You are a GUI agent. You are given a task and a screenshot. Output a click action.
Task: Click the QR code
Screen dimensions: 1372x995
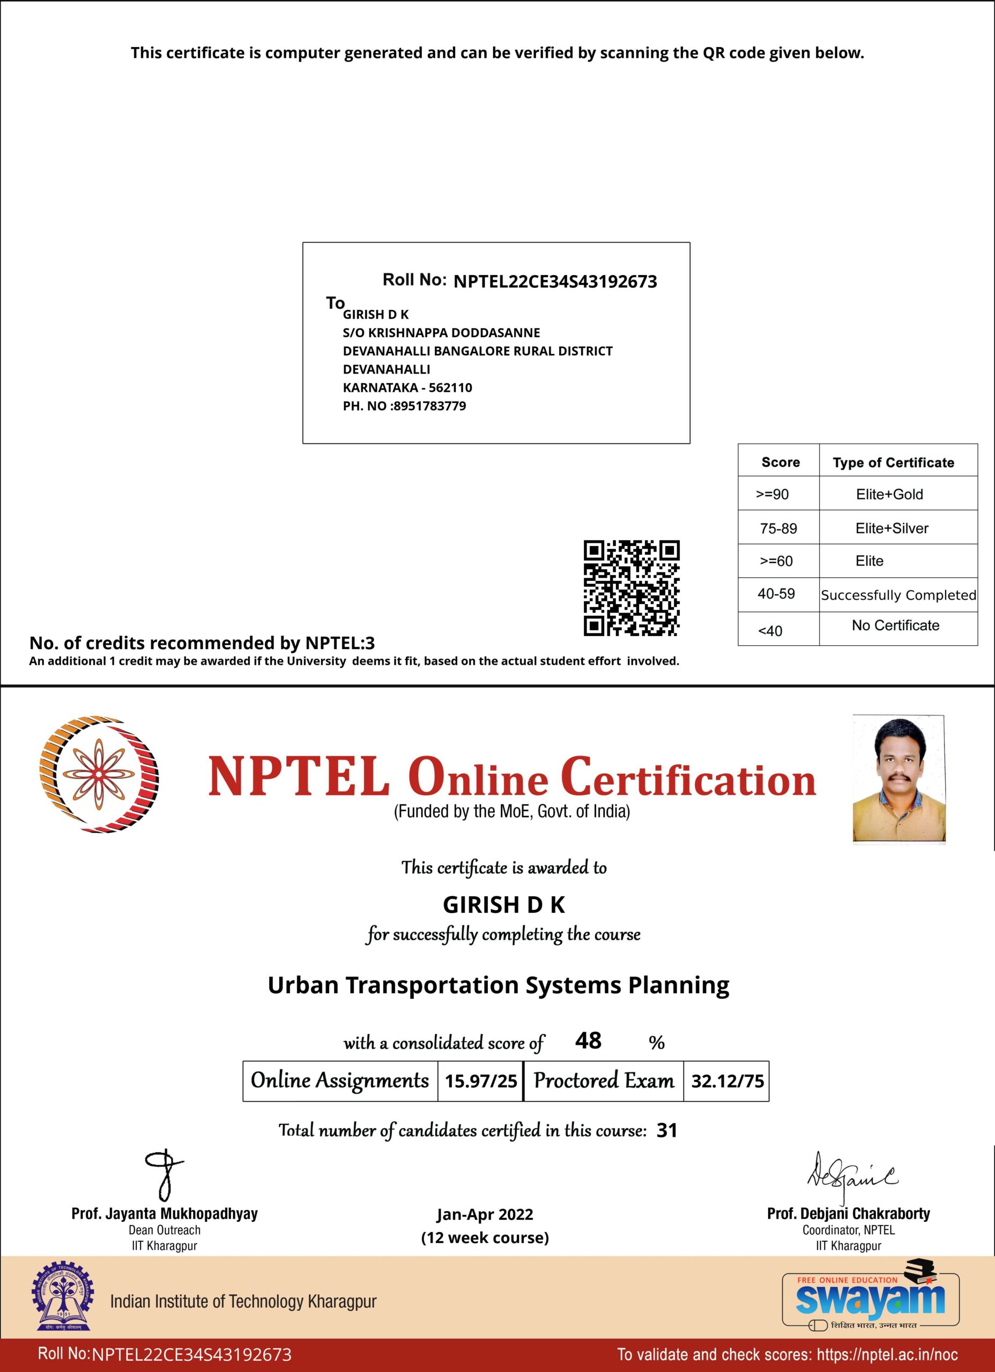click(x=631, y=587)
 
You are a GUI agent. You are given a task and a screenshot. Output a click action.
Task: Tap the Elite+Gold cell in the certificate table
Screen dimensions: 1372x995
click(x=889, y=494)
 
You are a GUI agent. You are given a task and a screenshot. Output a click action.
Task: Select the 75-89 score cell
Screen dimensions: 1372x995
click(x=778, y=528)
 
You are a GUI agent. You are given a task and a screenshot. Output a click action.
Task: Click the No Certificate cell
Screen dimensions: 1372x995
click(x=895, y=625)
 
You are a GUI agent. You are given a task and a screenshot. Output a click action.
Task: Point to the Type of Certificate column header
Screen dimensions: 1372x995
click(x=893, y=462)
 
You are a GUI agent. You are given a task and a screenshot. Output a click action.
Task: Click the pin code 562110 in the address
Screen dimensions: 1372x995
click(x=450, y=387)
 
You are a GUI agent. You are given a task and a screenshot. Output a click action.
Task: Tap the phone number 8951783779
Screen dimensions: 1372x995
click(x=430, y=406)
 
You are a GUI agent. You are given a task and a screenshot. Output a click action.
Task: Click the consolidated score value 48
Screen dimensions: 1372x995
click(x=588, y=1040)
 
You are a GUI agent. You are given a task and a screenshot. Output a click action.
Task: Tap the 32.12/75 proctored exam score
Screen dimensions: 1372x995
click(x=727, y=1080)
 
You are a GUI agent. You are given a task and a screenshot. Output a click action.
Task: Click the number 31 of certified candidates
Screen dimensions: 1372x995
click(x=666, y=1130)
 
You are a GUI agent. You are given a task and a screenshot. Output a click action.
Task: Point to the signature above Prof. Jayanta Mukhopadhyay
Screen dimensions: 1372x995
click(x=164, y=1175)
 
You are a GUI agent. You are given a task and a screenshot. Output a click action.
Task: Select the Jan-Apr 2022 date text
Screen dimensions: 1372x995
click(x=485, y=1215)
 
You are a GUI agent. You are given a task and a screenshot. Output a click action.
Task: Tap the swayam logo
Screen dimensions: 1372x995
click(x=870, y=1298)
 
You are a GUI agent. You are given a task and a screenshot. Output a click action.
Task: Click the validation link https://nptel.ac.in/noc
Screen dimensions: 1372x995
click(x=887, y=1354)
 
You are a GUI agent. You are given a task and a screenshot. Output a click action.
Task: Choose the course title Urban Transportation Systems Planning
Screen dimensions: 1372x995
click(x=498, y=986)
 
